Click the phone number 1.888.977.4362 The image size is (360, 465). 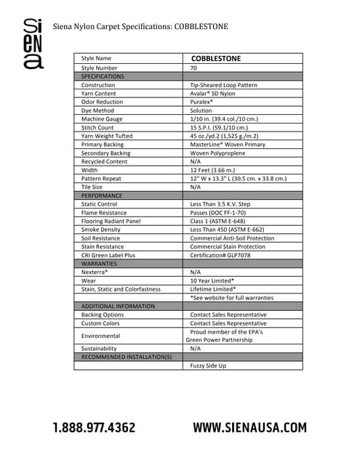point(93,427)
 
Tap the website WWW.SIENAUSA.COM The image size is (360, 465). point(249,427)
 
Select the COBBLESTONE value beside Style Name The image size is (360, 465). point(216,57)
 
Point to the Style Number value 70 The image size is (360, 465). point(193,68)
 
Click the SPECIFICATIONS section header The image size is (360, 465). point(103,76)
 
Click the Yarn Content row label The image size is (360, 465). point(99,94)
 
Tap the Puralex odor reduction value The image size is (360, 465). point(201,102)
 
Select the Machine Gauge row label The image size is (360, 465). point(102,119)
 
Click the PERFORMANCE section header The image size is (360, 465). point(101,195)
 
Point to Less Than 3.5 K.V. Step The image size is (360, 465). point(220,204)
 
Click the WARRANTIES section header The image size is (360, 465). point(100,264)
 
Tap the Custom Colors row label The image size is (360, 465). point(101,323)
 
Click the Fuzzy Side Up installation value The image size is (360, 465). point(209,365)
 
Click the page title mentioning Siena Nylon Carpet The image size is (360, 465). point(140,27)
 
